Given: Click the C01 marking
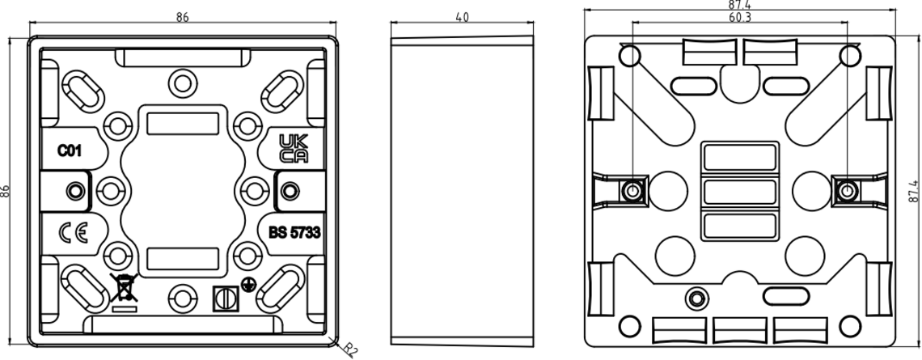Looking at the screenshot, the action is [70, 151].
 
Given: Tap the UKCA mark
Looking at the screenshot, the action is [294, 148].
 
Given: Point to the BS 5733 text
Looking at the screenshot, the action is [294, 233].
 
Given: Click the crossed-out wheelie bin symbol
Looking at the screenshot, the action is [124, 292].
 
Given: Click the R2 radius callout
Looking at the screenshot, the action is [349, 350].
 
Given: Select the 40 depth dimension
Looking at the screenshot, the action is [462, 17].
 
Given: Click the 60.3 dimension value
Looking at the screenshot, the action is [740, 17].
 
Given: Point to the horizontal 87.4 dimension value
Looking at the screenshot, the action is [740, 5].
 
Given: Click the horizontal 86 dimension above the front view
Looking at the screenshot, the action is [182, 17].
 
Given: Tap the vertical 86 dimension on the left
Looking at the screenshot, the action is [6, 191].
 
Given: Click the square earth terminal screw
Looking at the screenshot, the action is [226, 299].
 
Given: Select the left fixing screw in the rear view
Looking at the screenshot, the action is [632, 191].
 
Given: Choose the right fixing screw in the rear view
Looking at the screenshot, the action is [846, 191].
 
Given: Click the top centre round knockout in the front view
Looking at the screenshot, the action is [182, 83].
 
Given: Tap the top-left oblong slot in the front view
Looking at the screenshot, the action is [83, 91].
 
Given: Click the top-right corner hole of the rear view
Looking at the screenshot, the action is [850, 56].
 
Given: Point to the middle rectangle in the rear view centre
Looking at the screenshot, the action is [740, 192].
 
